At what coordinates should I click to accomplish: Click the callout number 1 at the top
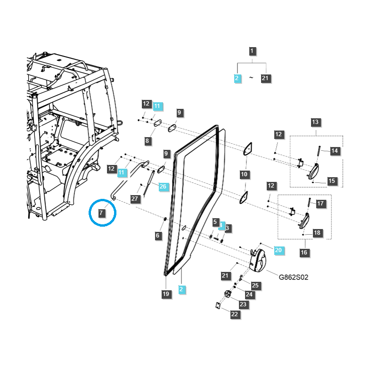pos(252,51)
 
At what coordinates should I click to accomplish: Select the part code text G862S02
pos(293,277)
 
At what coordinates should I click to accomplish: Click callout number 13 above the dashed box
pos(315,123)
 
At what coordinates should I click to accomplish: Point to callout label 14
pos(335,151)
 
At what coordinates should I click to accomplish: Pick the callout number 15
pos(331,181)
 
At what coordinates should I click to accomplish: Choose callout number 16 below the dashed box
pos(304,253)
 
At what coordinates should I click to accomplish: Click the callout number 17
pos(320,204)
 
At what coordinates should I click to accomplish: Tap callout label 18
pos(317,233)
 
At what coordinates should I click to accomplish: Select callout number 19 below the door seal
pos(165,294)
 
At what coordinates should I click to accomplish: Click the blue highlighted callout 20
pos(278,250)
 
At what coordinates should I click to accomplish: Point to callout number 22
pos(235,314)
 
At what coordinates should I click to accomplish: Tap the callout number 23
pos(243,304)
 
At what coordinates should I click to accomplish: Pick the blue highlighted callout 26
pos(163,186)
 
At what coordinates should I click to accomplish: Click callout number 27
pos(135,199)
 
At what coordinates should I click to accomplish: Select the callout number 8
pos(147,141)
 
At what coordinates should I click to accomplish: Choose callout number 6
pos(157,235)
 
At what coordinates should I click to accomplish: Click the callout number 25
pos(255,285)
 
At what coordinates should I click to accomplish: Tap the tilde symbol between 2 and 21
pos(251,78)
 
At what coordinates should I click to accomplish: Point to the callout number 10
pos(244,174)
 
